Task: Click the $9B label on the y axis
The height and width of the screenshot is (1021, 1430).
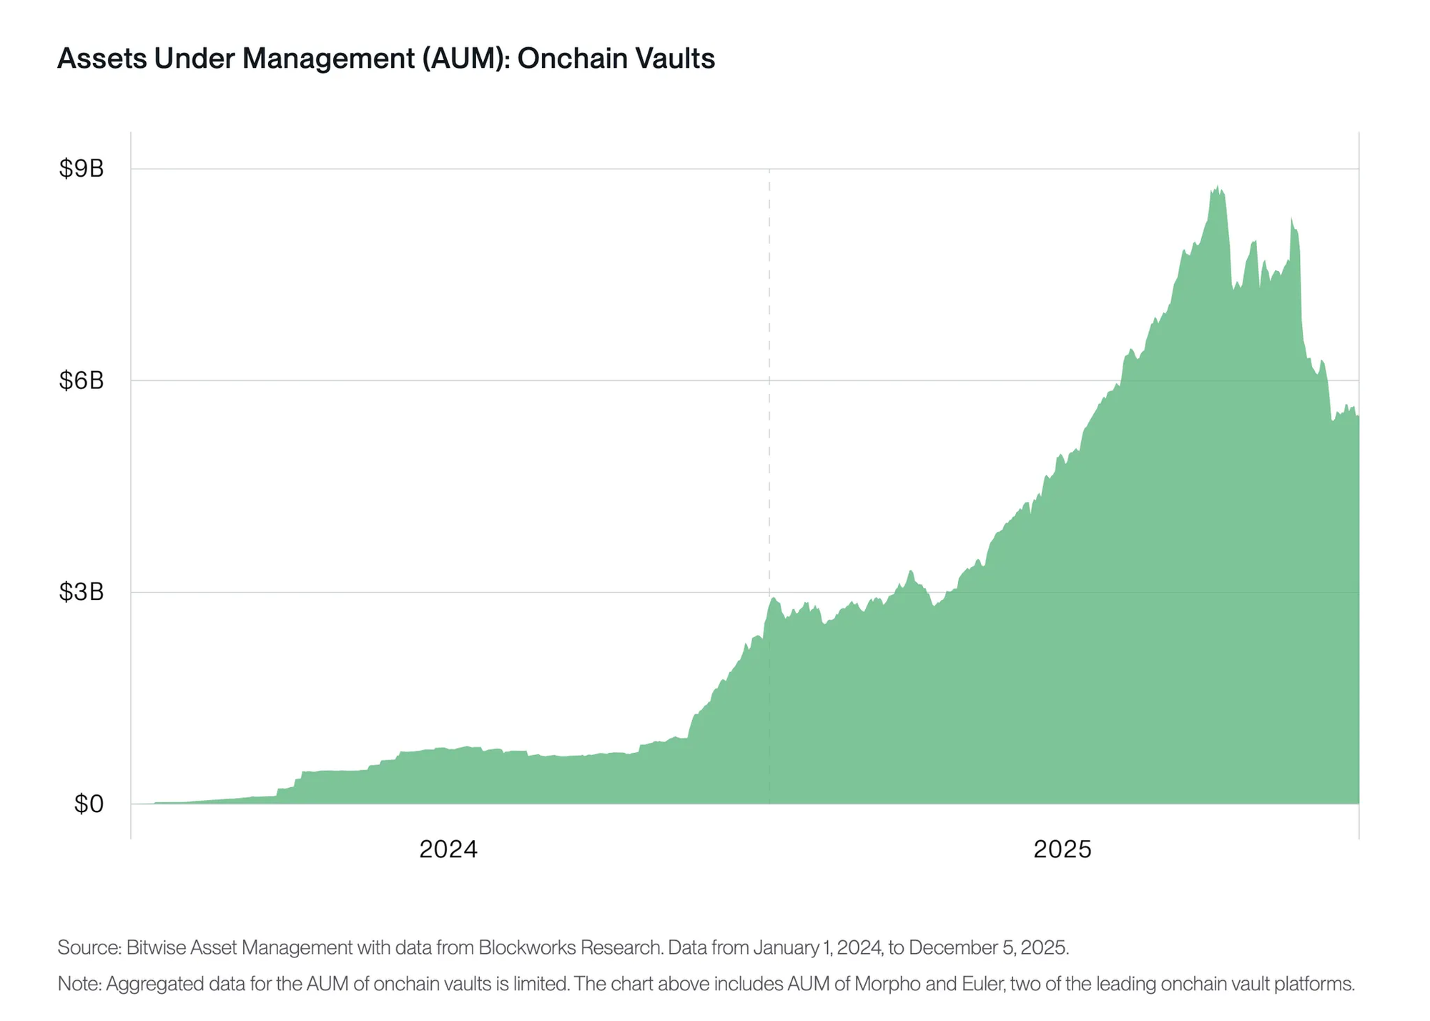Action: tap(82, 169)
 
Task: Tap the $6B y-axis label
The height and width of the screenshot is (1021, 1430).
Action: tap(82, 380)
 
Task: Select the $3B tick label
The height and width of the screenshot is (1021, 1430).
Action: tap(82, 592)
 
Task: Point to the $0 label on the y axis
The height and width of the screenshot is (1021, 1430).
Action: tap(89, 804)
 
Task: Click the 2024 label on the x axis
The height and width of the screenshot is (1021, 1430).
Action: tap(448, 849)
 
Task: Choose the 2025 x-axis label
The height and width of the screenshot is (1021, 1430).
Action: tap(1062, 849)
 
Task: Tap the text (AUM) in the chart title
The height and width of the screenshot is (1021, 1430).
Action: tap(463, 59)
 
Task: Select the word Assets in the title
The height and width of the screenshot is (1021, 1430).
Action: tap(102, 59)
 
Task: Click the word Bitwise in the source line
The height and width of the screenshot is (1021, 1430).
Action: tap(149, 948)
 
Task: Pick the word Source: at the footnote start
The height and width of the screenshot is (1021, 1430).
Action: tap(89, 948)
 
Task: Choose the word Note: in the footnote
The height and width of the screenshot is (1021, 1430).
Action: tap(79, 984)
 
